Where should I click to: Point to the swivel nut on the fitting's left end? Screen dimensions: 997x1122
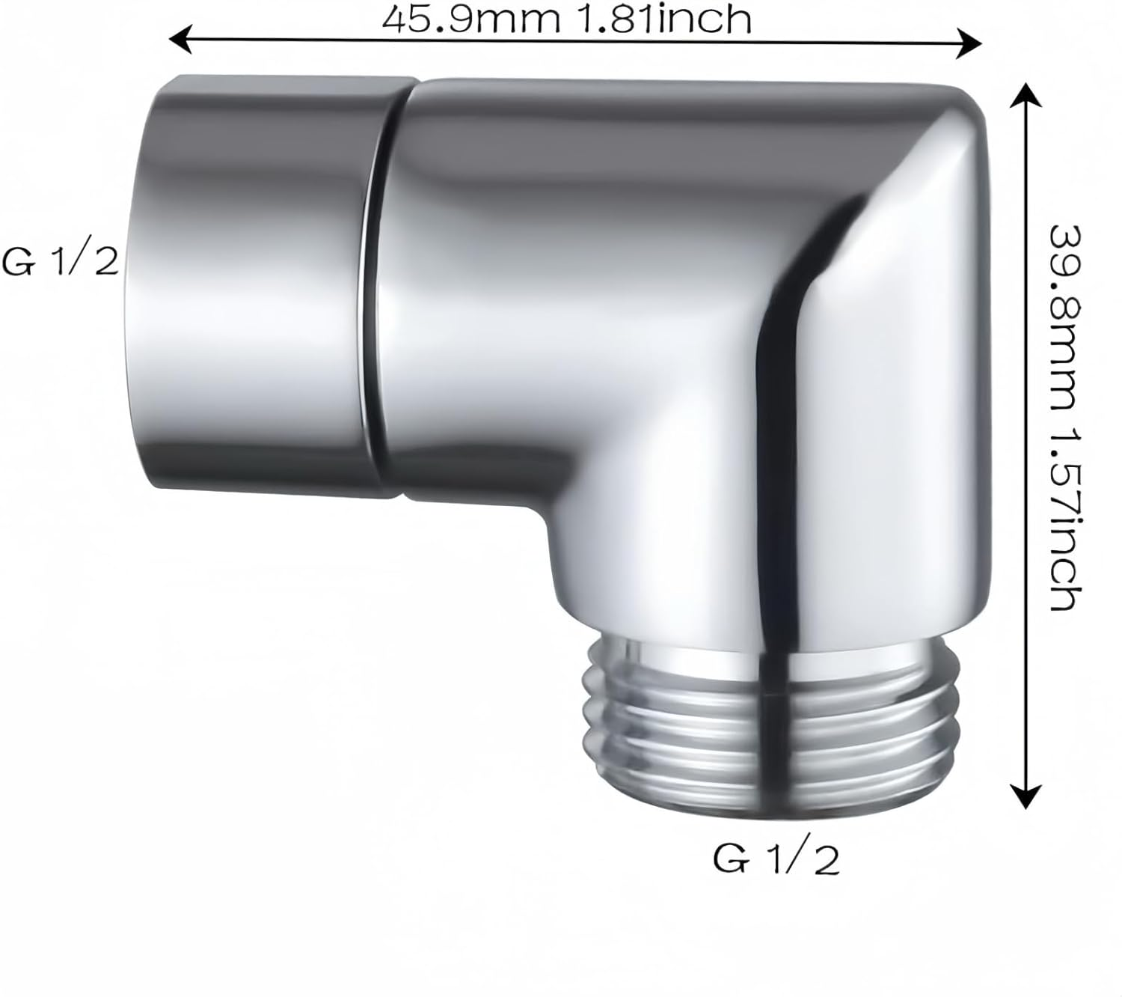click(262, 284)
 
